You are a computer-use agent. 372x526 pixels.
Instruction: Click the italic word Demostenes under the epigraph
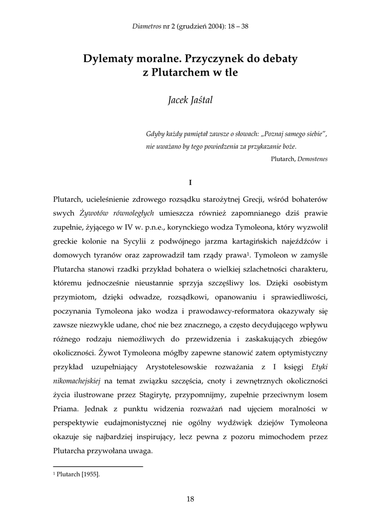[314, 159]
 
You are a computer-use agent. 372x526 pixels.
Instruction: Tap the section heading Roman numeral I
[190, 182]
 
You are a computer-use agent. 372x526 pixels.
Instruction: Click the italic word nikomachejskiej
[77, 382]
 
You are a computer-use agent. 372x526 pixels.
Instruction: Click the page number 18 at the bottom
[190, 498]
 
